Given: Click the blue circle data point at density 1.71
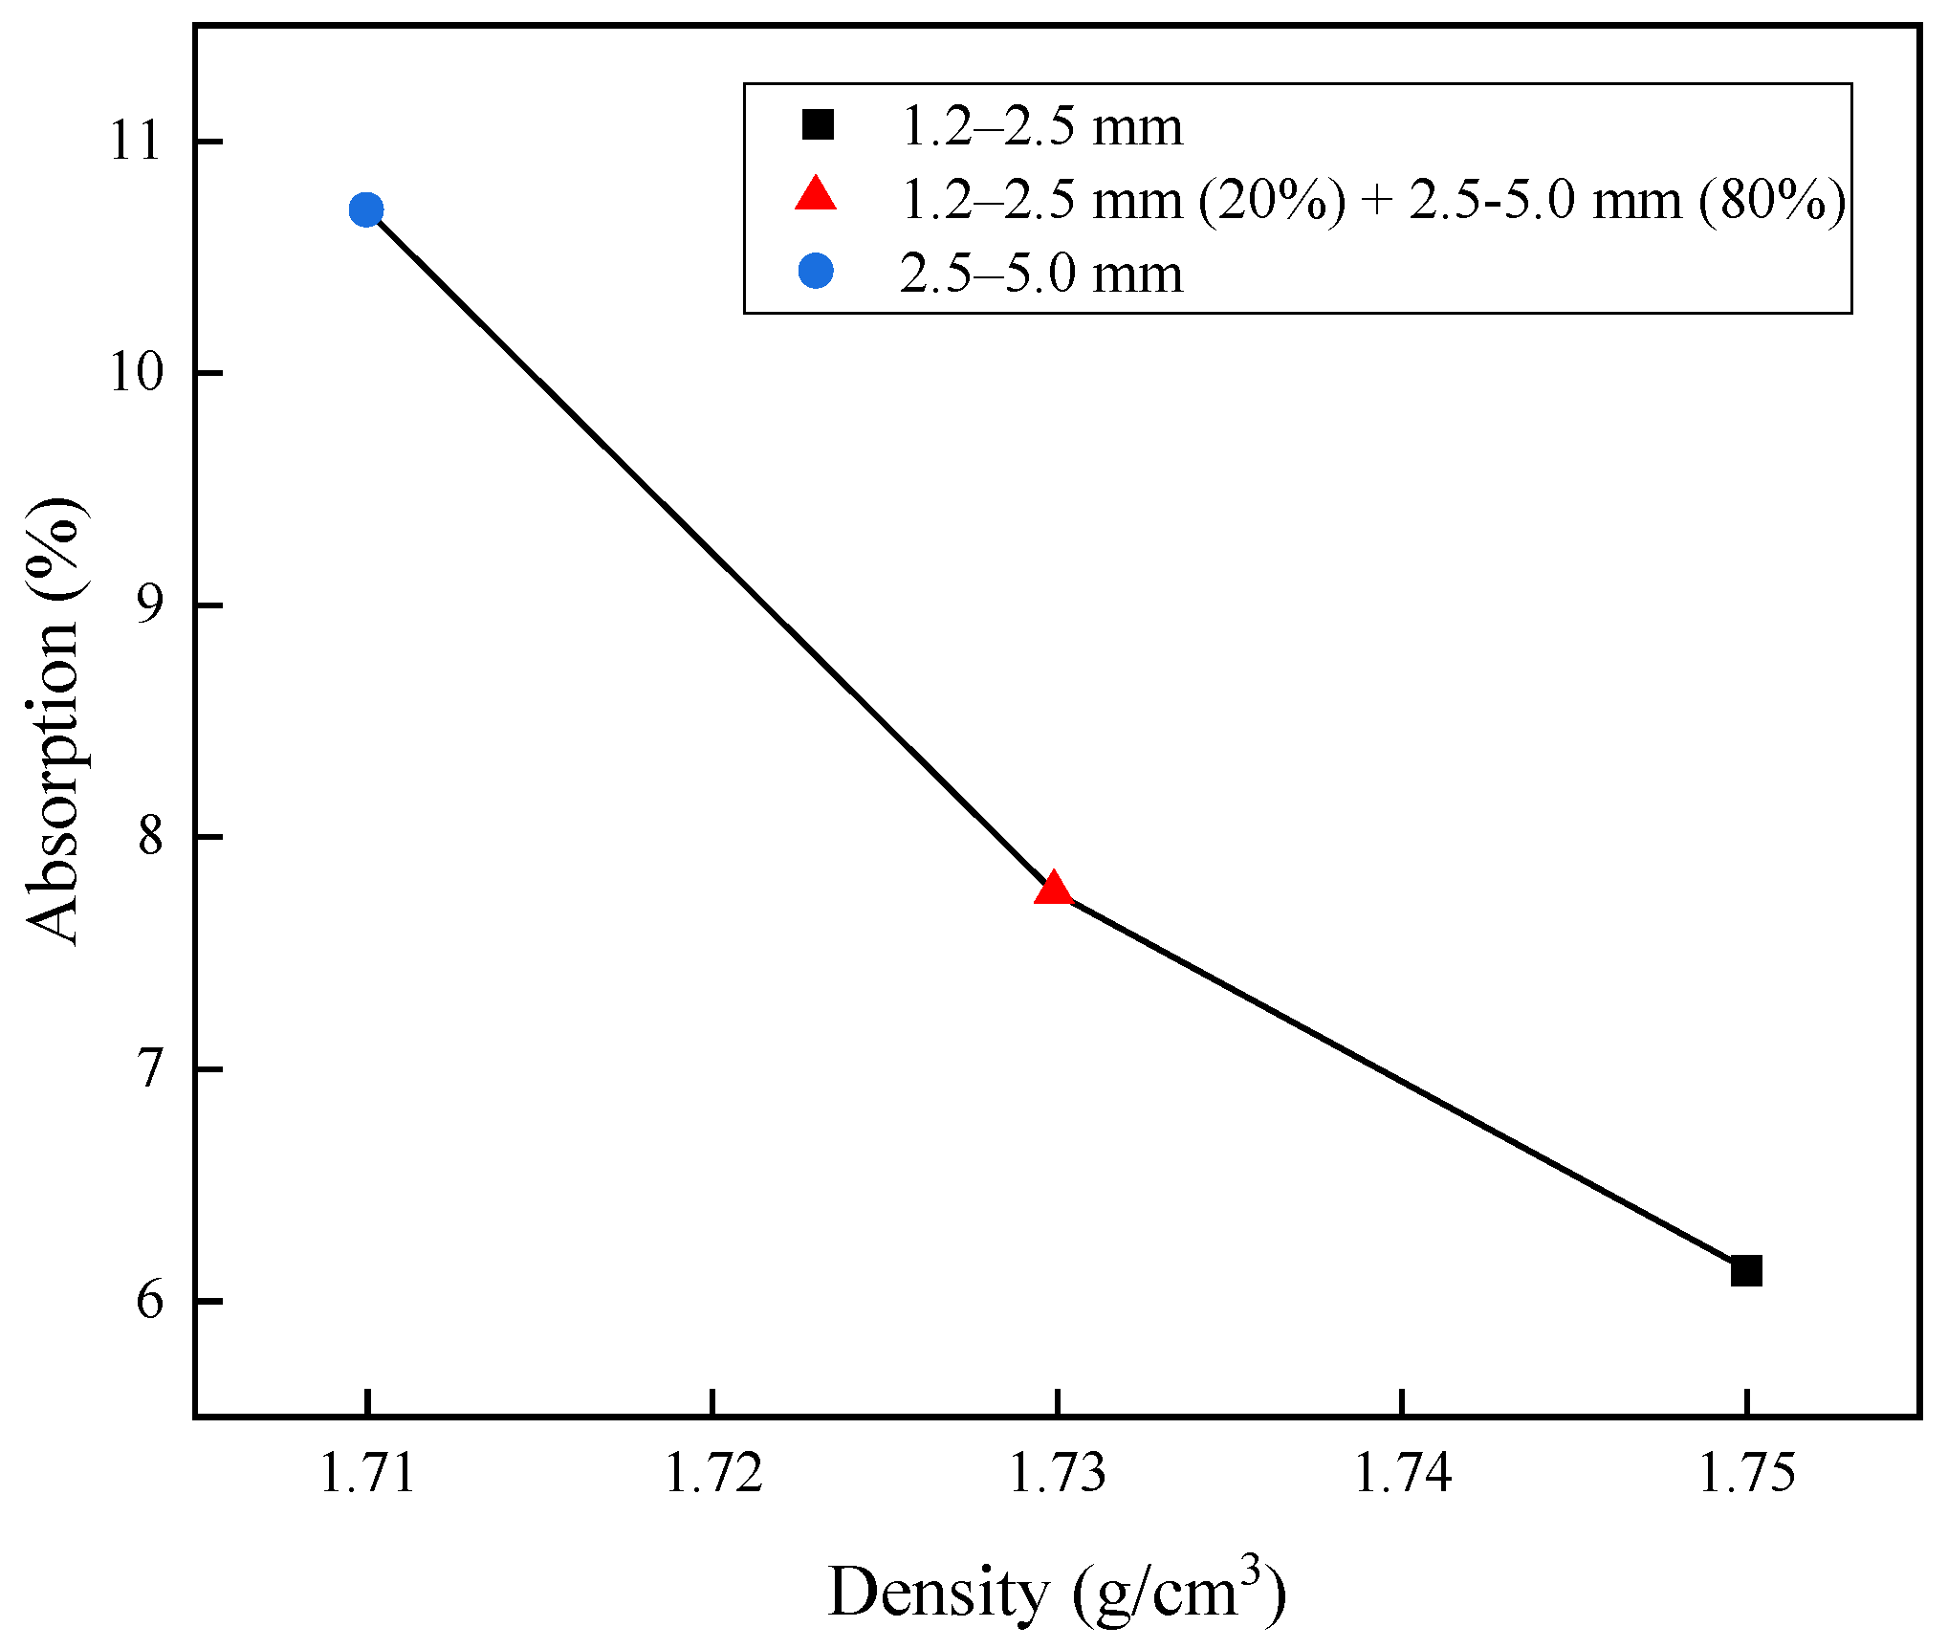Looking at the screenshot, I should (x=366, y=209).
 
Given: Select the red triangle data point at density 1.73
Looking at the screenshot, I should (x=1054, y=890).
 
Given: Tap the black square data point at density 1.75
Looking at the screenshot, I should (x=1746, y=1271).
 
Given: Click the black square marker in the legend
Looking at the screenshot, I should (x=818, y=125).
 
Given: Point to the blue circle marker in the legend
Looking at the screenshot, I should (x=816, y=272).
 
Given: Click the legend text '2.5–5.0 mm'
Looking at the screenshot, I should (x=1041, y=275).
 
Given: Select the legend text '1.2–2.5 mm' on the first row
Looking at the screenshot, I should (x=1041, y=127).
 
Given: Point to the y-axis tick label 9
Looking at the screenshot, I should (x=149, y=605).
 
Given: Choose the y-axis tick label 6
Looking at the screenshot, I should (x=149, y=1301).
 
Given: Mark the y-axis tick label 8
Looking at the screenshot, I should (x=149, y=837).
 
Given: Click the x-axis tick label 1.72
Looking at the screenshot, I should (x=712, y=1472).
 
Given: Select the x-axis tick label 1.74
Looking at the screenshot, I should (x=1401, y=1472).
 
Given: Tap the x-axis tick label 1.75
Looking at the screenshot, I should (x=1745, y=1472).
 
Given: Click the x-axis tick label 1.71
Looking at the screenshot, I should (x=367, y=1472).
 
